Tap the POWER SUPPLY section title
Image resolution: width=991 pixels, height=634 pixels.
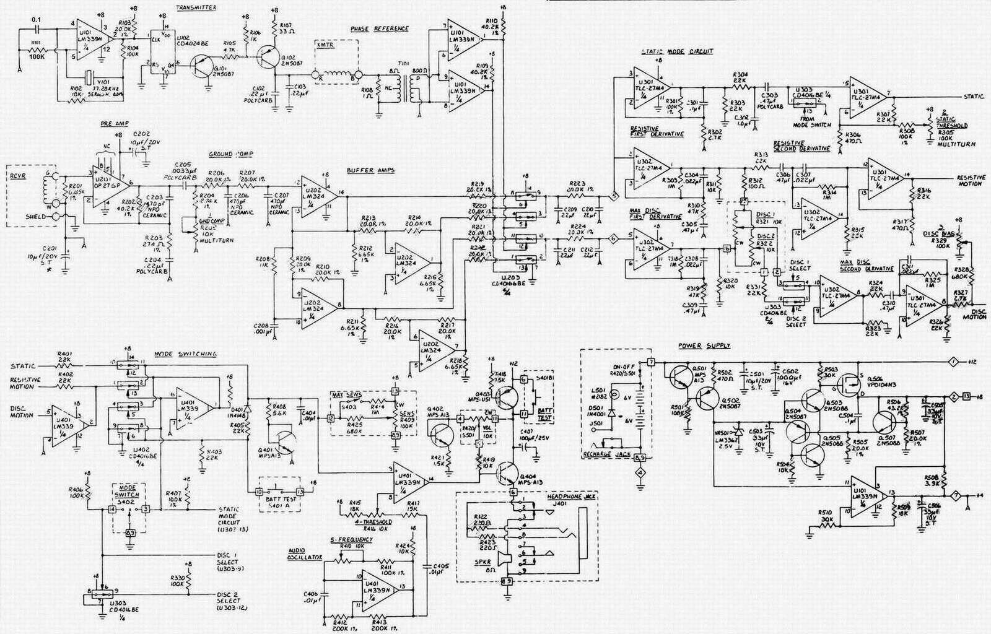(704, 345)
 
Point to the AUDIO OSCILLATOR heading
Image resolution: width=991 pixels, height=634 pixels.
(305, 553)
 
